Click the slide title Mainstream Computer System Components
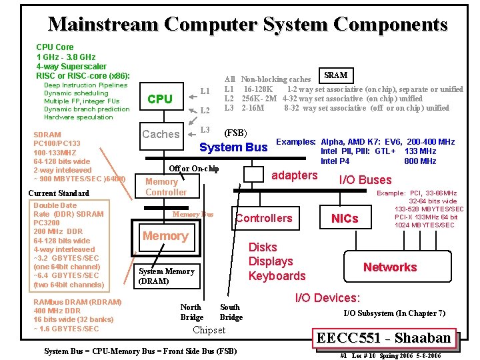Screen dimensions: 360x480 247,25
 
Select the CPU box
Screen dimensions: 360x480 160,99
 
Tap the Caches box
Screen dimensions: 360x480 161,134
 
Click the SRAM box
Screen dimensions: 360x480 336,75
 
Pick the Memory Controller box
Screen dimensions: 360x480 166,187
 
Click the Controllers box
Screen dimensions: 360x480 263,218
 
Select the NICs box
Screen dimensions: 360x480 345,219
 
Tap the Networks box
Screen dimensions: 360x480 390,267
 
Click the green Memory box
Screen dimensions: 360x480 165,236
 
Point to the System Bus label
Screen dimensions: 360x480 233,147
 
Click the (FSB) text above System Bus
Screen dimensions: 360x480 235,133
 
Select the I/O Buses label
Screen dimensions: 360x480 365,179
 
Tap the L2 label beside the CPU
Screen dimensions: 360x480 205,110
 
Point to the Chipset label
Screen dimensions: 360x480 209,330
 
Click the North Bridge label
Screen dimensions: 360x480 191,312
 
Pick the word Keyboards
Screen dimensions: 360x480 277,276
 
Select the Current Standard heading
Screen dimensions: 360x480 59,193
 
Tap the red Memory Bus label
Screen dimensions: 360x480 193,214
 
